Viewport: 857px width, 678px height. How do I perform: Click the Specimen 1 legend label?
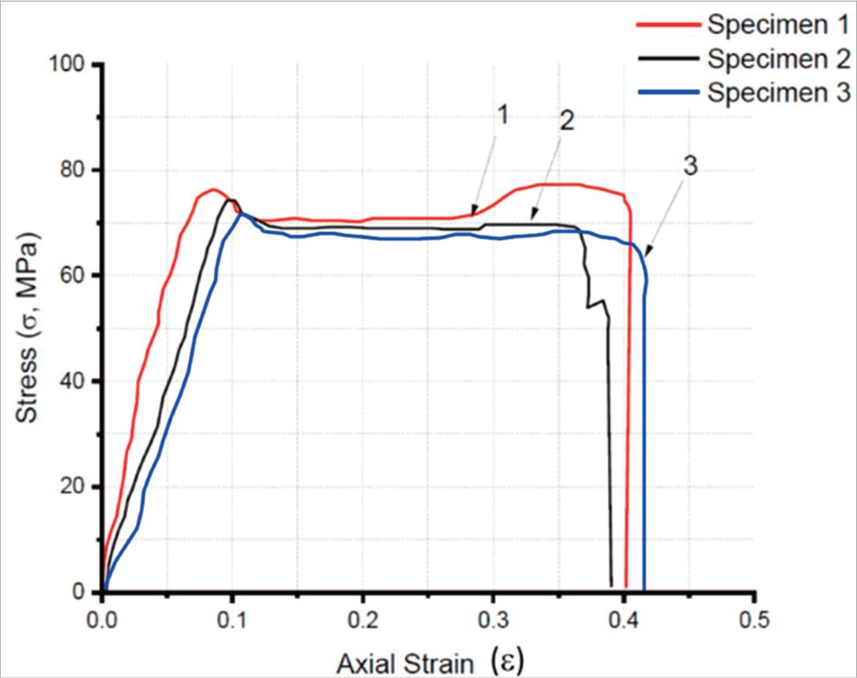point(778,25)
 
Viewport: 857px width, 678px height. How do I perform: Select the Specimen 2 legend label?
point(778,59)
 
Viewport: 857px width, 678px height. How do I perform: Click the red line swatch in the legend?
point(668,25)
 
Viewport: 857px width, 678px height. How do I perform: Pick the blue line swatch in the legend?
point(668,93)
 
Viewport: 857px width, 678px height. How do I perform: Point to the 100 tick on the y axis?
point(73,64)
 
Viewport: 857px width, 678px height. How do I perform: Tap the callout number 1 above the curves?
point(502,116)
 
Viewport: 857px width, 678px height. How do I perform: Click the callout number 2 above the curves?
point(567,122)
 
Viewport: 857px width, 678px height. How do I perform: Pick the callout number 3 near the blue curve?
point(690,166)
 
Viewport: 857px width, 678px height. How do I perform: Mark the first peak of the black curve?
point(231,200)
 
